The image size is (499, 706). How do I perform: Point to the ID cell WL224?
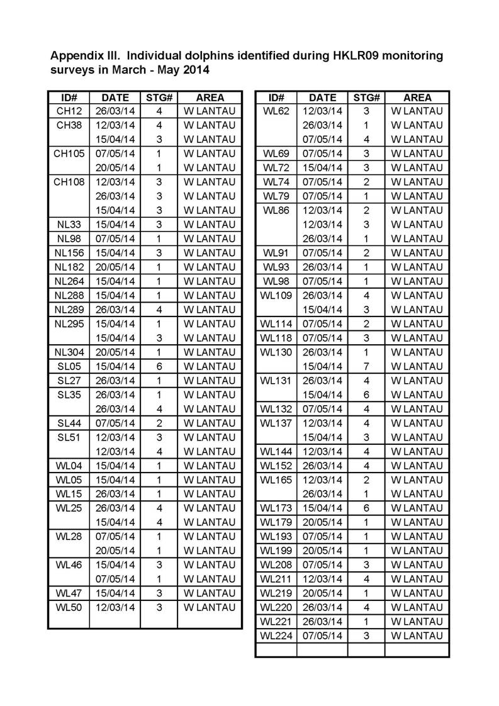[x=276, y=636]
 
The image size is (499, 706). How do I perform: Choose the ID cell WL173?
[x=276, y=508]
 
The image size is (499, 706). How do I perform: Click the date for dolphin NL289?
[x=115, y=310]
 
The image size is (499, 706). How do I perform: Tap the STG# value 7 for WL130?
[x=366, y=366]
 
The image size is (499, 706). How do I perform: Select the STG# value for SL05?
[x=159, y=366]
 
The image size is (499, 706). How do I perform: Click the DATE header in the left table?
[x=115, y=98]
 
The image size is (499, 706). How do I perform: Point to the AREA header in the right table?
[x=417, y=98]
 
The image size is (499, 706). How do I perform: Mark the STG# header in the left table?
[x=159, y=98]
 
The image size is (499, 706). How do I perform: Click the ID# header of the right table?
[x=276, y=98]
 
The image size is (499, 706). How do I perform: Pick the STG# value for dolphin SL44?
[x=159, y=423]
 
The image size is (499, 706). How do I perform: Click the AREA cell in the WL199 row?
[x=417, y=551]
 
